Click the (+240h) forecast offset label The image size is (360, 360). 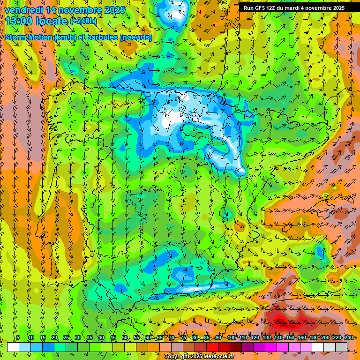[x=83, y=21]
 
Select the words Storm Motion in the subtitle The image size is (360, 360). [x=28, y=37]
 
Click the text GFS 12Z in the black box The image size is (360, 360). [x=265, y=8]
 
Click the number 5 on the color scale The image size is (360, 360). [x=18, y=338]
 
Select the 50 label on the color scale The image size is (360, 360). [x=125, y=338]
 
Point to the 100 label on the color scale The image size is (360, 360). [x=232, y=338]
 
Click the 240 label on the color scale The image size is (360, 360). [x=348, y=338]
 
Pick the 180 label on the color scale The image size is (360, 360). [x=314, y=338]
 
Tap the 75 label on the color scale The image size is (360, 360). [x=183, y=338]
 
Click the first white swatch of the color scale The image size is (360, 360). [x=13, y=347]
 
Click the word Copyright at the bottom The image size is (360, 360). [x=177, y=357]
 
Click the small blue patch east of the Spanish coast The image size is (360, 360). [x=320, y=252]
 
